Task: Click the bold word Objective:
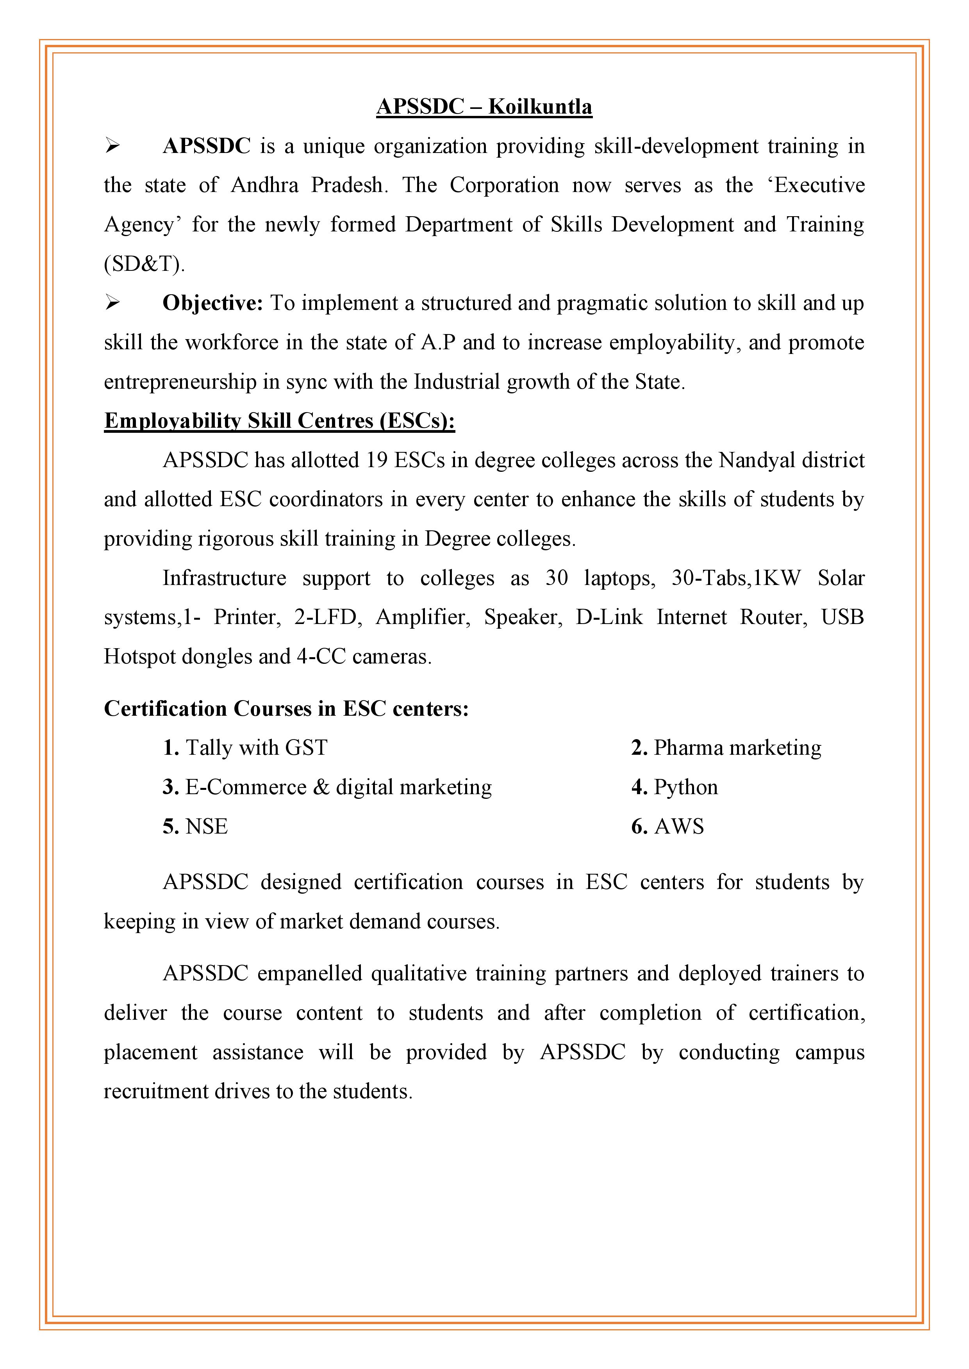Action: [x=212, y=304]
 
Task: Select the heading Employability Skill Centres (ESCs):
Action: [x=279, y=421]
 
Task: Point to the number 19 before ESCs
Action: [x=377, y=460]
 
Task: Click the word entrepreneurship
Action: [x=180, y=382]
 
